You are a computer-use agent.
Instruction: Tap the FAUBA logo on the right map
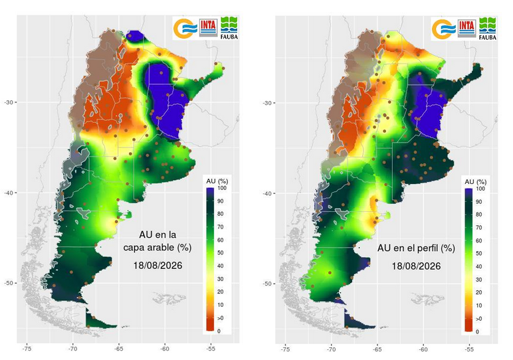(488, 28)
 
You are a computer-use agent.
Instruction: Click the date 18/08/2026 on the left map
(157, 265)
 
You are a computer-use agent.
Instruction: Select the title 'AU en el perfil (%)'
(416, 248)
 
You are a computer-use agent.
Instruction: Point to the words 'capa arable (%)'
(157, 248)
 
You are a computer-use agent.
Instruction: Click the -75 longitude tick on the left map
(27, 349)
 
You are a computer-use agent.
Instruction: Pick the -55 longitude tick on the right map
(469, 349)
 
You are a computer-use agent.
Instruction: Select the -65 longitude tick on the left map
(119, 349)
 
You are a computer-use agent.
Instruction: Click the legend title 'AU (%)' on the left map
(217, 181)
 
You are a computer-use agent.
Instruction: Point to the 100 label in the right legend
(480, 189)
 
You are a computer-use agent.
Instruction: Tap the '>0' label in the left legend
(221, 317)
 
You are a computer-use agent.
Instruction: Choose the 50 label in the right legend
(479, 254)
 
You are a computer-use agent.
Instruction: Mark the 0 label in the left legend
(219, 331)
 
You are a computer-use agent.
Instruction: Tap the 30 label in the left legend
(221, 279)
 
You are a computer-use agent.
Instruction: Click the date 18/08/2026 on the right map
(416, 266)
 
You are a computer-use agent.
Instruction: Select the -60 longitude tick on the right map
(423, 349)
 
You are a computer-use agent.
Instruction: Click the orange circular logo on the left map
(185, 29)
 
